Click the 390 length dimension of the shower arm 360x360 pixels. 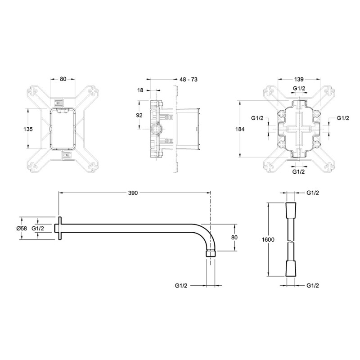133,193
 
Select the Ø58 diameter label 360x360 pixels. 22,228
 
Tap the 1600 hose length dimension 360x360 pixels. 268,240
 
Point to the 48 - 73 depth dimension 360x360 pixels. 189,80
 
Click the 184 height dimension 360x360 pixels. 240,129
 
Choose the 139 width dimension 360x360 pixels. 299,80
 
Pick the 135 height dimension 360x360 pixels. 28,129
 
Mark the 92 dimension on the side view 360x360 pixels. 139,115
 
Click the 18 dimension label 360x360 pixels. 140,90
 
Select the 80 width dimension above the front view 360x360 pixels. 63,79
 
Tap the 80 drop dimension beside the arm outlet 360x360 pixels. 234,238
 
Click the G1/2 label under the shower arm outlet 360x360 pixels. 181,286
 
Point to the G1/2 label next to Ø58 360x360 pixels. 38,228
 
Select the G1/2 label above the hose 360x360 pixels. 313,193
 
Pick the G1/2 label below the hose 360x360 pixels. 313,286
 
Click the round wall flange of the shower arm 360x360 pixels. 60,229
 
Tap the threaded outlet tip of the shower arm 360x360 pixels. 211,253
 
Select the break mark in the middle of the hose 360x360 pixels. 290,241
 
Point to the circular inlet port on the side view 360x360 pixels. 156,129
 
